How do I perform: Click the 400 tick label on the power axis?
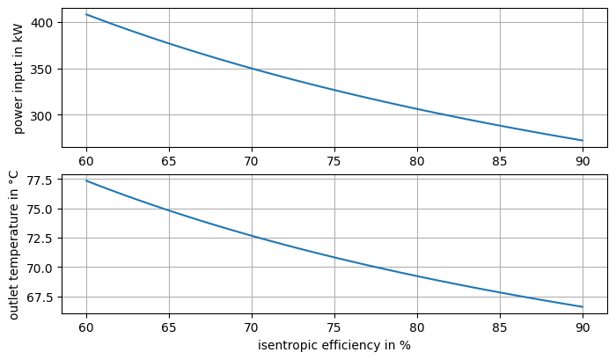[44, 22]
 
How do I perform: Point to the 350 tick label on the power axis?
[44, 69]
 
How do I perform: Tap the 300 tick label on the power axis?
[44, 115]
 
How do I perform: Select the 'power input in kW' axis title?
[18, 79]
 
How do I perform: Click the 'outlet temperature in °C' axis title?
[13, 244]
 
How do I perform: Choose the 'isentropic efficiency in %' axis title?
[334, 345]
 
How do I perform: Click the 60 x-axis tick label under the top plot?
[86, 161]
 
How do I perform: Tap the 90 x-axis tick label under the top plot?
[583, 161]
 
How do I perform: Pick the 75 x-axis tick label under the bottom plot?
[334, 327]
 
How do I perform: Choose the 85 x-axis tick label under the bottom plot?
[500, 327]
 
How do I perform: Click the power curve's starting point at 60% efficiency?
[86, 14]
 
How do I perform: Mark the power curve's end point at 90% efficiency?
[583, 141]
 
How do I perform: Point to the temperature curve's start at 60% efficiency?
[86, 180]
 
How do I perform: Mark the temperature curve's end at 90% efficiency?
[583, 307]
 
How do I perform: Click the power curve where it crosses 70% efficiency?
[252, 69]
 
